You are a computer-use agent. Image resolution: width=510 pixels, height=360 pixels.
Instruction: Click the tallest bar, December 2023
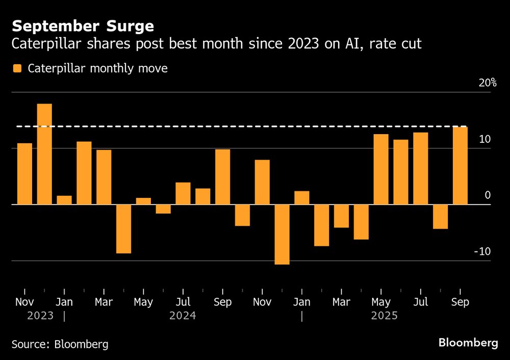(44, 154)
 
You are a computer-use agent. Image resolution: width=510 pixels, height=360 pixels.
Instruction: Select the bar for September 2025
(461, 165)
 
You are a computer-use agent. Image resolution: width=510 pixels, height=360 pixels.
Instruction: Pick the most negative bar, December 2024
(282, 235)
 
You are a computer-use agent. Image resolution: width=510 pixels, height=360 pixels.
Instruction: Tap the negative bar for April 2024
(123, 229)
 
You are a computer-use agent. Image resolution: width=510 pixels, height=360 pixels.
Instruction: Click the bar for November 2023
(24, 174)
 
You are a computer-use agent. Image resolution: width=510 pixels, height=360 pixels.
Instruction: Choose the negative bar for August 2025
(441, 217)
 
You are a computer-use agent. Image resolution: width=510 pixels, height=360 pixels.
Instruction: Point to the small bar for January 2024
(64, 200)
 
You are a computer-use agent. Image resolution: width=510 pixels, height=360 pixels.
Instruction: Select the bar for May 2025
(381, 169)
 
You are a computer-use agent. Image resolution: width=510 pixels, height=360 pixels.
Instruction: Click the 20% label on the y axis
(487, 83)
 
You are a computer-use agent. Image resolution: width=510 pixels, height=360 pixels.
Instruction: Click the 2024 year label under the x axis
(183, 316)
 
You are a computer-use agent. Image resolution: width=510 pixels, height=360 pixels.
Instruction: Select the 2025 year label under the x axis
(384, 316)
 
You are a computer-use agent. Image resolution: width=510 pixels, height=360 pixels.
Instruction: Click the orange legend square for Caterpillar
(17, 68)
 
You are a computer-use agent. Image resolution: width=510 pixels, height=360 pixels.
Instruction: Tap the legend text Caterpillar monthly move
(98, 68)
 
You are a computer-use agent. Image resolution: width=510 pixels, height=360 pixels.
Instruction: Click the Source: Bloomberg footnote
(60, 344)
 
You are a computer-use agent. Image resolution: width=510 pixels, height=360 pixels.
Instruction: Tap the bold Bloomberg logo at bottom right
(468, 343)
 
